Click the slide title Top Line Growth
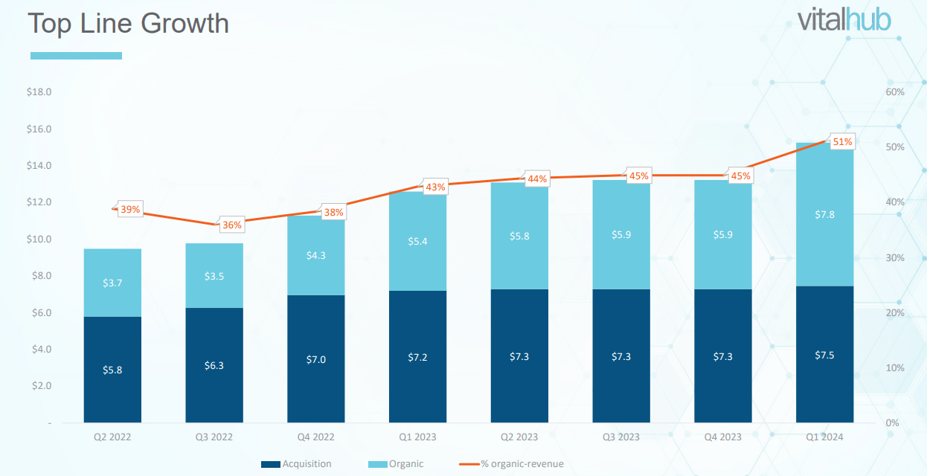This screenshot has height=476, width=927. pos(128,23)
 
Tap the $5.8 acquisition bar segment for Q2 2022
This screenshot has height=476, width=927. pos(112,370)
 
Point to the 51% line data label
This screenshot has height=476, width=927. pos(842,141)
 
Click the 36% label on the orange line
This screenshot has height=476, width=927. pos(231,225)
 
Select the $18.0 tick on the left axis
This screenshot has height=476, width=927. pos(39,92)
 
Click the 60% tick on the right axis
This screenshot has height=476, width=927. pos(895,91)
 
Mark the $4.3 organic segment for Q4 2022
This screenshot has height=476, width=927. pos(316,255)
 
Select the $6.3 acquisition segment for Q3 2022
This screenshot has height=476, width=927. pos(214,365)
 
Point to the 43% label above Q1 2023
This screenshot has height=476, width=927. pos(434,187)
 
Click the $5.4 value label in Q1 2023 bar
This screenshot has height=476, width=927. pos(417,241)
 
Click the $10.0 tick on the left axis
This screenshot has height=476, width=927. pos(39,239)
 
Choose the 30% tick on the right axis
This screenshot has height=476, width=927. pos(895,257)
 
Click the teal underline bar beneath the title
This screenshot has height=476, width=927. pos(76,56)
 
